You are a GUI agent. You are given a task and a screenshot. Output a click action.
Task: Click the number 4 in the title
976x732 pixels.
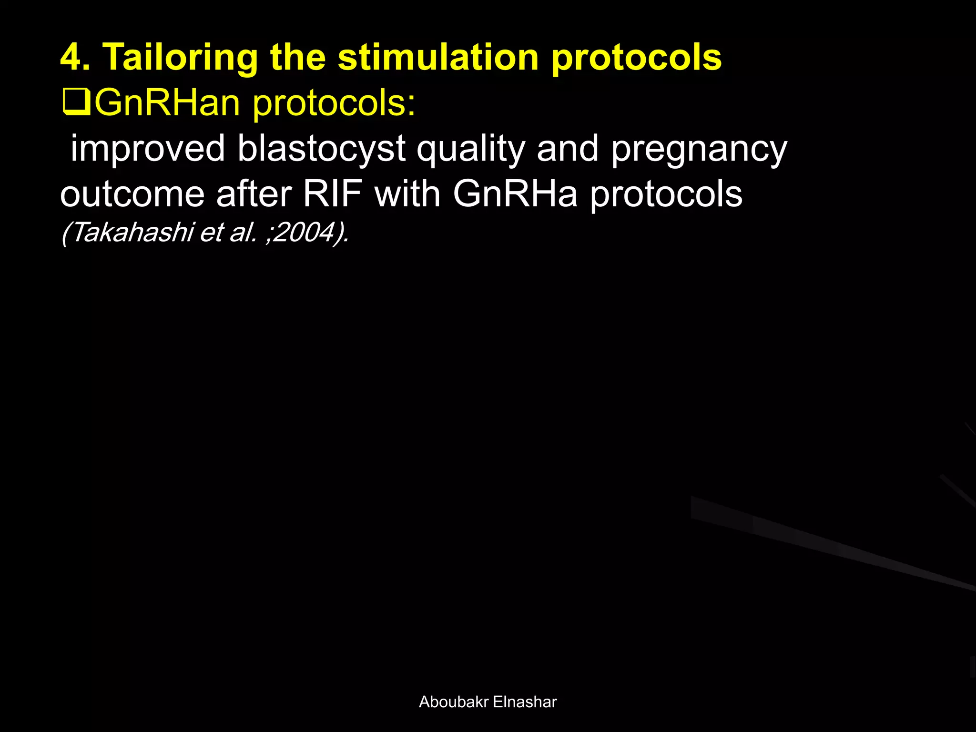pyautogui.click(x=71, y=57)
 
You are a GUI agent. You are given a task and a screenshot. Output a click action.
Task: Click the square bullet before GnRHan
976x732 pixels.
pyautogui.click(x=76, y=103)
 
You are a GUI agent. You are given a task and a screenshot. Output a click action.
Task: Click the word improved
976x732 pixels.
pyautogui.click(x=148, y=149)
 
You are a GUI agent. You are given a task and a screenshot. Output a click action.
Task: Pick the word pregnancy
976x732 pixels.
pyautogui.click(x=699, y=149)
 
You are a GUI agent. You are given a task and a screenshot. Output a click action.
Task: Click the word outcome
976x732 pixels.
pyautogui.click(x=132, y=194)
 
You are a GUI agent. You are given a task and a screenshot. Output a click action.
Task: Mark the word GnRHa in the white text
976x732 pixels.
pyautogui.click(x=515, y=194)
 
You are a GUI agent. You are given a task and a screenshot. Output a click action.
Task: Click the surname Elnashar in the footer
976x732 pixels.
pyautogui.click(x=525, y=702)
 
